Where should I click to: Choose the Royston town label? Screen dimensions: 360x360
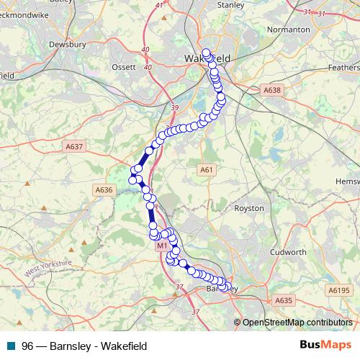tap(250, 208)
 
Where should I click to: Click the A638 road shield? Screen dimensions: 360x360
tap(271, 91)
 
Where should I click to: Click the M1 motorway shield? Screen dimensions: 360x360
tap(162, 246)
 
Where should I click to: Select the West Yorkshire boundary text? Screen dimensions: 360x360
tap(49, 269)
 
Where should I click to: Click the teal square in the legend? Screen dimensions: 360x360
tap(10, 346)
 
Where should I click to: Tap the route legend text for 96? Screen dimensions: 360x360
tap(84, 346)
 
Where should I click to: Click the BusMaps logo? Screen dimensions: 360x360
tap(325, 345)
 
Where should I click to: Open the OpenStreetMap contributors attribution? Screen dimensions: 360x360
tap(297, 323)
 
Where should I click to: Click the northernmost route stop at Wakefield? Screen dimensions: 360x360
tap(207, 53)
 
